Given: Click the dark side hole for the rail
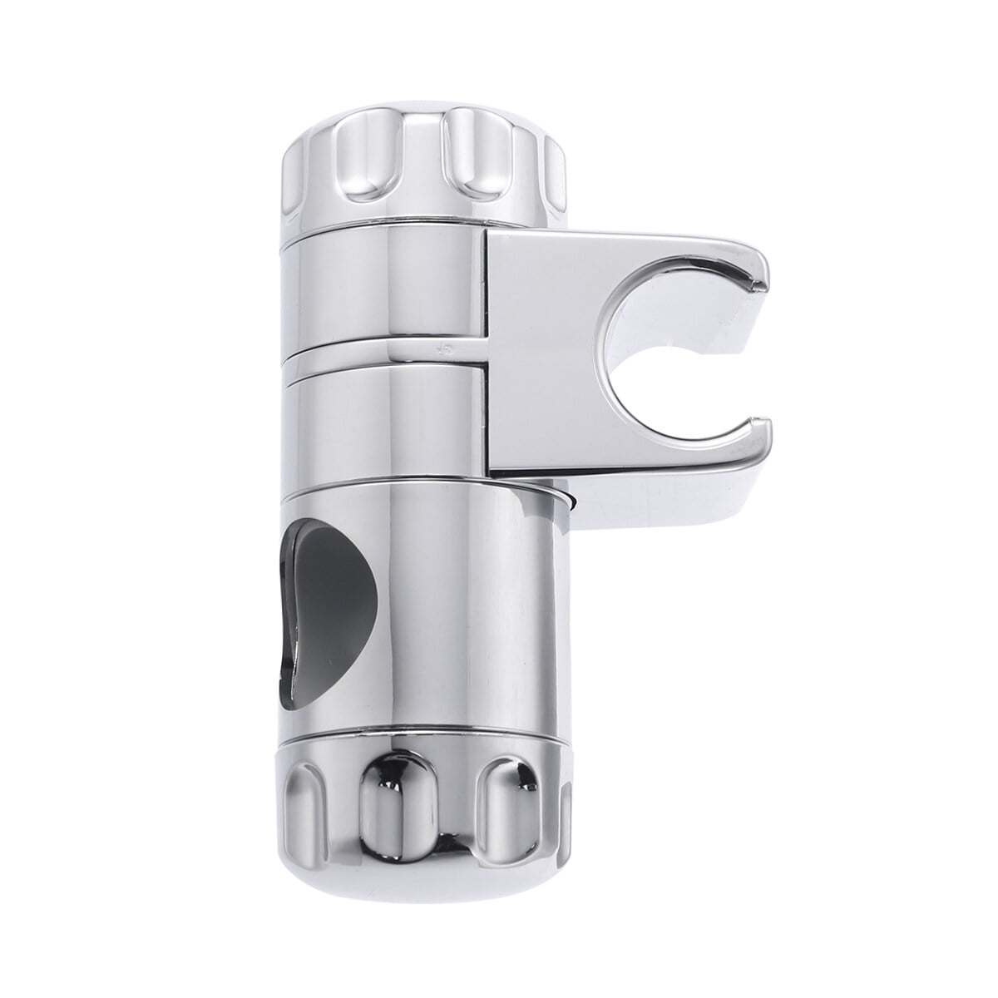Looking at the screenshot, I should [320, 607].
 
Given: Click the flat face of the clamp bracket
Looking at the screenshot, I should [541, 358].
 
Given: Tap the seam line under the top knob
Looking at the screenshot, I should [383, 223].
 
